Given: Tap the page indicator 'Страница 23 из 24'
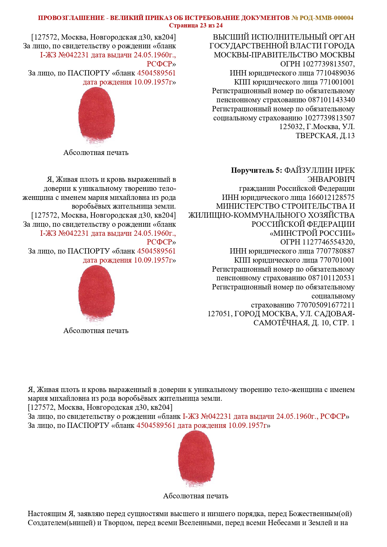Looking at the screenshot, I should tap(196, 25).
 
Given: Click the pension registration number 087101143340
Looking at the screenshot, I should tap(331, 100).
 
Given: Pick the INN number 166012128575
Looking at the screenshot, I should tap(331, 197).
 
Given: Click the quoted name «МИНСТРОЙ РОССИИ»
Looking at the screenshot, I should tap(312, 233).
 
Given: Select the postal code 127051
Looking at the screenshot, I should tap(220, 314).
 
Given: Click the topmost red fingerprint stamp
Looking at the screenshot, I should tap(96, 115).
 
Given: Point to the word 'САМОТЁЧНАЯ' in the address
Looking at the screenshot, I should tap(281, 323).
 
